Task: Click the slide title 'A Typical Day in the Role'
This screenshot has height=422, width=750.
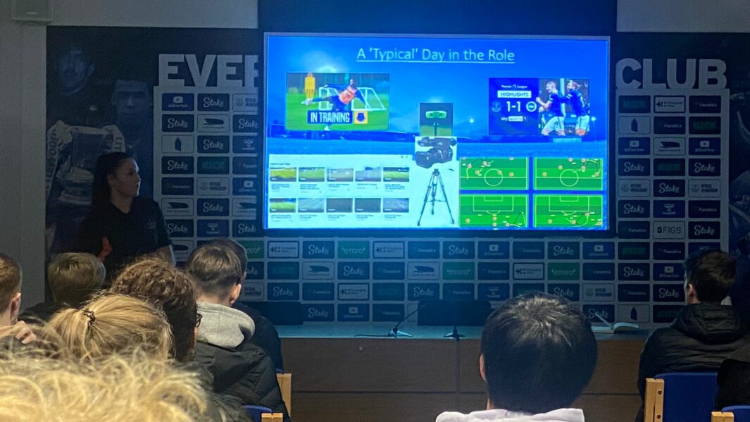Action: click(x=435, y=55)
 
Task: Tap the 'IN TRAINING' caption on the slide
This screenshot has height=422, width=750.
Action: click(x=330, y=117)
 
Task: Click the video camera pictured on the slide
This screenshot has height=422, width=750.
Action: click(x=434, y=151)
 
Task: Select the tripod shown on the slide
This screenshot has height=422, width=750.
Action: click(x=436, y=197)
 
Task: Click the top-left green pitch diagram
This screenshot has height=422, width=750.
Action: click(x=493, y=173)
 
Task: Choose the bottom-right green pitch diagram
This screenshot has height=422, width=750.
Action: click(x=568, y=211)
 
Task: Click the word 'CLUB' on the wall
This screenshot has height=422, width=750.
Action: click(x=670, y=73)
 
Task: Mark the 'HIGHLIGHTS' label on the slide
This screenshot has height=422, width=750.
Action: click(x=514, y=94)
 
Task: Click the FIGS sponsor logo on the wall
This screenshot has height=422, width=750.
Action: click(x=668, y=230)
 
